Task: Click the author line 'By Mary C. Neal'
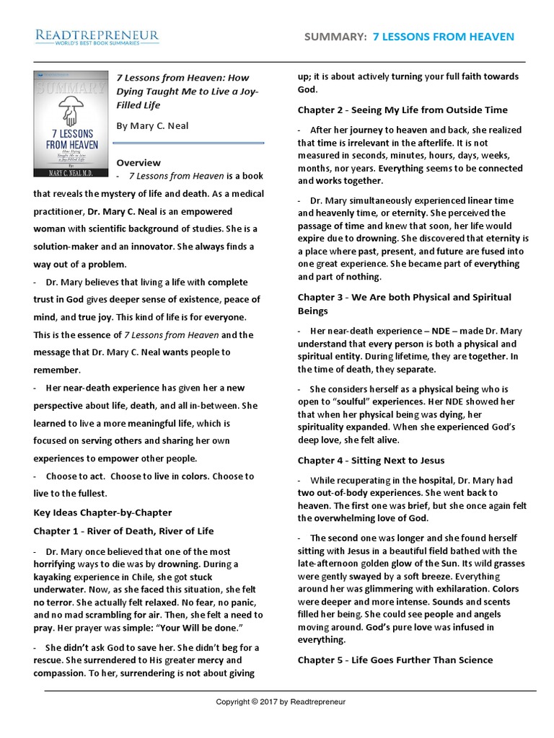click(x=152, y=125)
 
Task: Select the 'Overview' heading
click(x=138, y=162)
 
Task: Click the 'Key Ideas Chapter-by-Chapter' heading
click(x=102, y=512)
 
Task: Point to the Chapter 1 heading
click(x=123, y=531)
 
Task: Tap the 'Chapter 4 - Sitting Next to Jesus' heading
click(x=371, y=460)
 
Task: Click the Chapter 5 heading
click(x=395, y=659)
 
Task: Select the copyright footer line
click(x=281, y=701)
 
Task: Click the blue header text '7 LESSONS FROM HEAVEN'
click(x=444, y=37)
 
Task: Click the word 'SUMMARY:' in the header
click(x=336, y=37)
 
